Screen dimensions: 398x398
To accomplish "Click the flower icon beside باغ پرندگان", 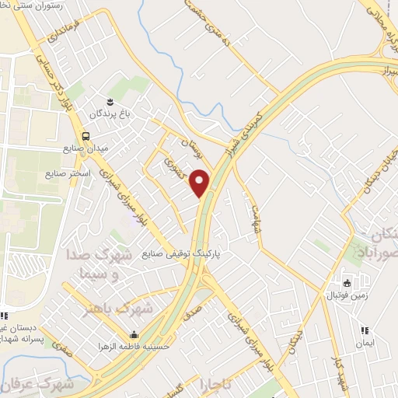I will click(110, 102).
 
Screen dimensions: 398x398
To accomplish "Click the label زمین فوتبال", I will click(347, 295).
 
